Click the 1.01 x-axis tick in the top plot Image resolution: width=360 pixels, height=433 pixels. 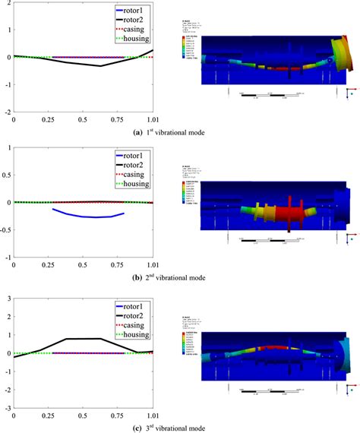[153, 119]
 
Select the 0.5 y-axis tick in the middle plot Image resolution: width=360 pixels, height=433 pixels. [6, 175]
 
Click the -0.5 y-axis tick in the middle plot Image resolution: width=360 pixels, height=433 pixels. [5, 230]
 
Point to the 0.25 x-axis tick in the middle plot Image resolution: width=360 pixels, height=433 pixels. [49, 265]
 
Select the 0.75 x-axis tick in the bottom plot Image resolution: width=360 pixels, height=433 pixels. [118, 416]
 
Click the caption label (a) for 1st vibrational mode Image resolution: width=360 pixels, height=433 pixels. [137, 132]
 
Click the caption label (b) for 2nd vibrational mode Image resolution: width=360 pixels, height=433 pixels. [137, 278]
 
